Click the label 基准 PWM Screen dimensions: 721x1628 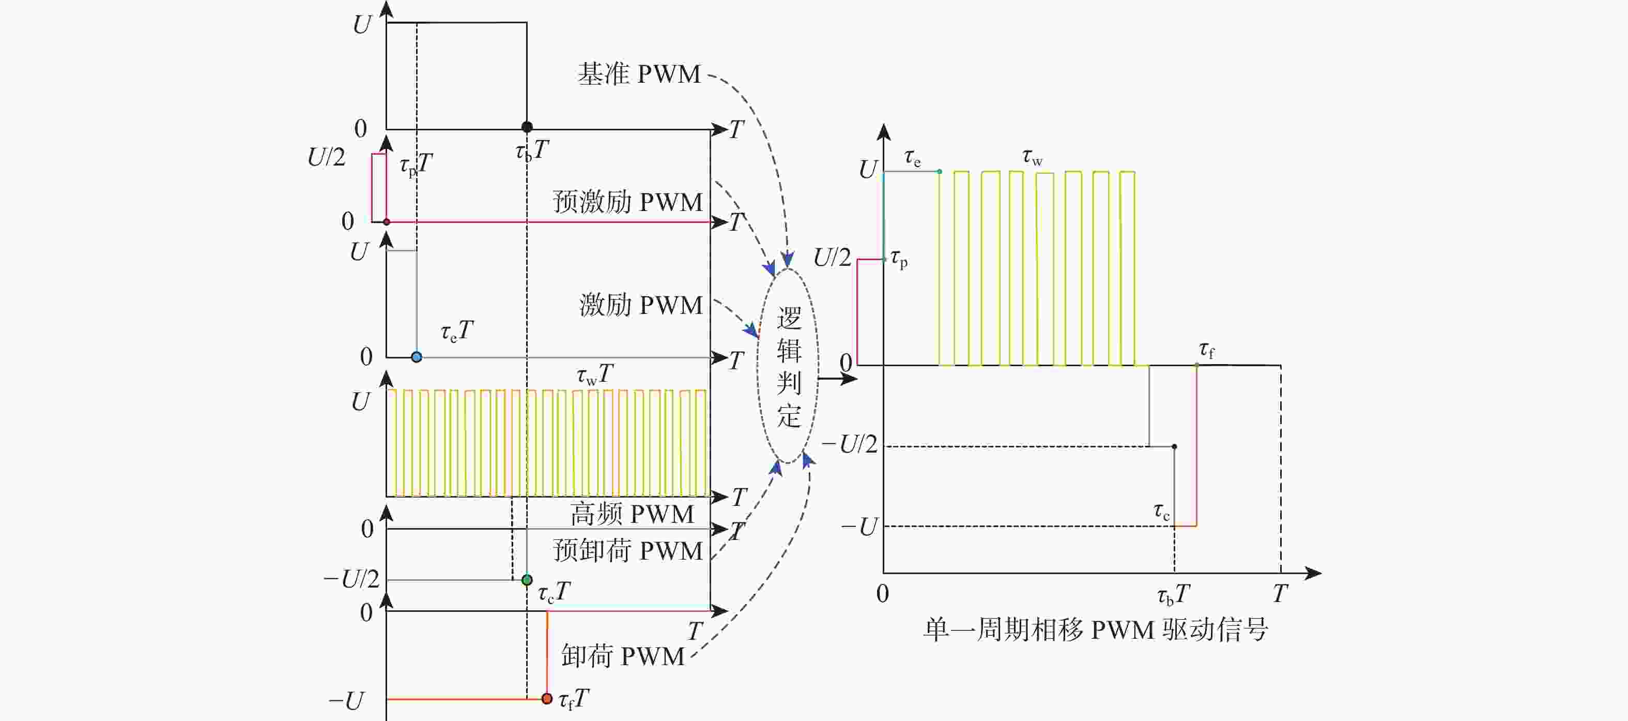[x=639, y=74]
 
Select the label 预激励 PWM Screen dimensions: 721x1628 [x=627, y=202]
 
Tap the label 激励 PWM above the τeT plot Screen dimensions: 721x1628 [x=641, y=306]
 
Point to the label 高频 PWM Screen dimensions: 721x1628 [x=632, y=514]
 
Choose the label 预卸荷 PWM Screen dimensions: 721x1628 [x=627, y=551]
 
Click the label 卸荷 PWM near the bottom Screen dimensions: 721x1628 [x=622, y=656]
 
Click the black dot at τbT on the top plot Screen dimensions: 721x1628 [x=527, y=127]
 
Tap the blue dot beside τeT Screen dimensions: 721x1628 [x=417, y=357]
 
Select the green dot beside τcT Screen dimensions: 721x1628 [x=527, y=580]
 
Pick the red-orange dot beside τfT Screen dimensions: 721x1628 [x=547, y=699]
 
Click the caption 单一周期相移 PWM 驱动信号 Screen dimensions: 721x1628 [x=1096, y=630]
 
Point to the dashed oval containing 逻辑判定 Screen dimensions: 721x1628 [x=788, y=366]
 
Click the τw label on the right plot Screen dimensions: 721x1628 [x=1032, y=157]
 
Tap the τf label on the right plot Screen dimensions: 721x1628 [x=1206, y=350]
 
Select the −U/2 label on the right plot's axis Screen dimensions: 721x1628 [x=850, y=445]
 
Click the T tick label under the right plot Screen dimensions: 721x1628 [x=1280, y=594]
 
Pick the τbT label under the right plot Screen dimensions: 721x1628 [x=1173, y=595]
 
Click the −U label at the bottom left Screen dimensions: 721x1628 [x=346, y=701]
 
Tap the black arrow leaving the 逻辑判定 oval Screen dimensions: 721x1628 [x=837, y=379]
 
